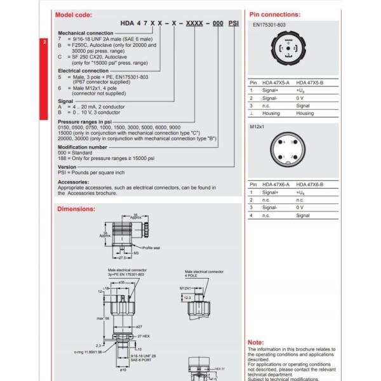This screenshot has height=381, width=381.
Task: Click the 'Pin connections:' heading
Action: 275,14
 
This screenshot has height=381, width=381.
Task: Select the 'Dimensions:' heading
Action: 76,208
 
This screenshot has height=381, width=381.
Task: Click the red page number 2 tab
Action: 44,43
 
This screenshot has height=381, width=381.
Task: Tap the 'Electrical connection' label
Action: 83,70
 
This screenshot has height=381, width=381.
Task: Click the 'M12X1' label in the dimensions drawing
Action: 185,287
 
